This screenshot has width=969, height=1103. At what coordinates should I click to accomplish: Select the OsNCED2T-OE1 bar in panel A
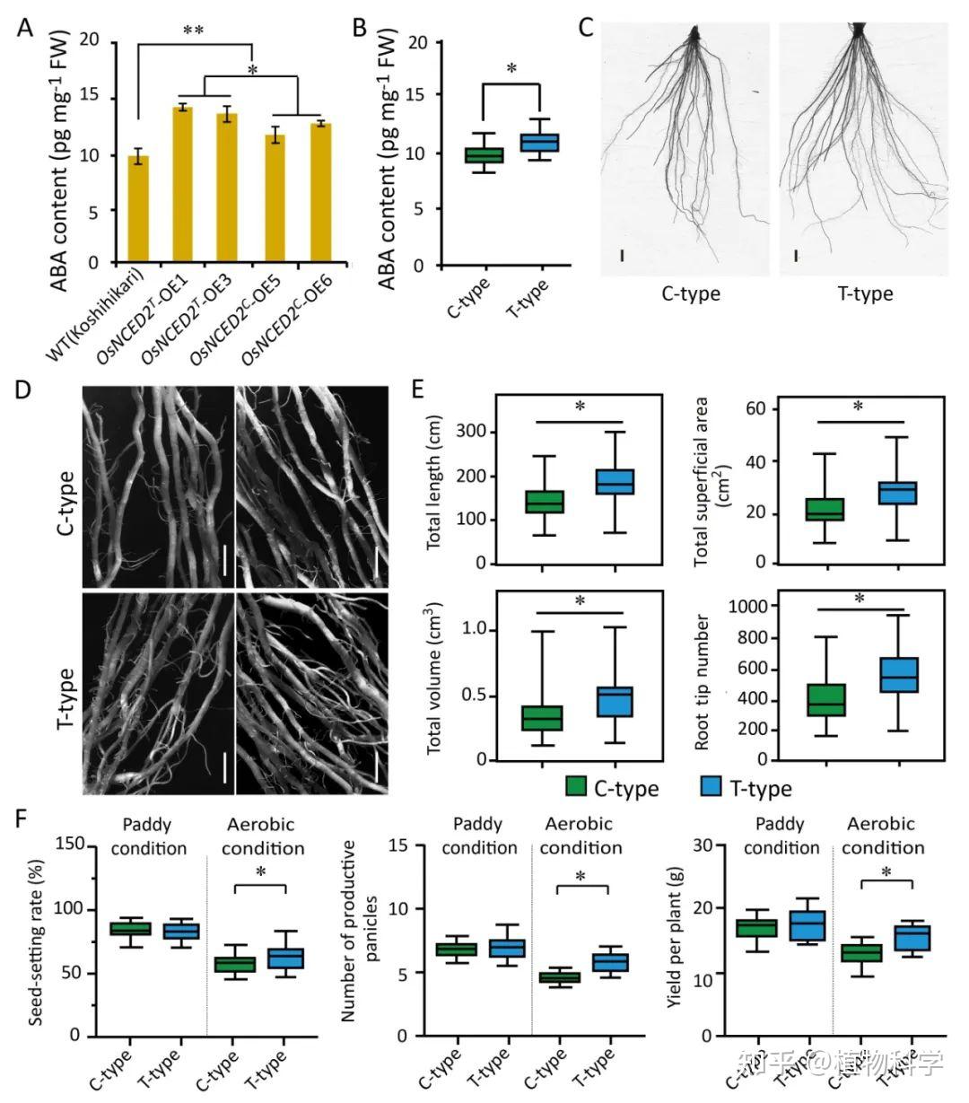click(183, 185)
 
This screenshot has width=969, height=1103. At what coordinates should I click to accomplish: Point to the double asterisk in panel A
click(193, 31)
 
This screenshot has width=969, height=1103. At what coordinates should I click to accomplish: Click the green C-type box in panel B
click(484, 155)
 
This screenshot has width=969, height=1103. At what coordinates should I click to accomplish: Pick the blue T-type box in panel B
click(540, 143)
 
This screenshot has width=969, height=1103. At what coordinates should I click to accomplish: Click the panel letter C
click(585, 27)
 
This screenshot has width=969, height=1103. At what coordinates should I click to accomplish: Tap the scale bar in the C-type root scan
click(622, 257)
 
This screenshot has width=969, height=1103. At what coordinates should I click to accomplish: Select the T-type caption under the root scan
click(866, 294)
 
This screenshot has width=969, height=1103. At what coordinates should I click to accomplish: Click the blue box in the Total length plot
click(616, 482)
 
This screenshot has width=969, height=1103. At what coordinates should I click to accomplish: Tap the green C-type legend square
click(576, 787)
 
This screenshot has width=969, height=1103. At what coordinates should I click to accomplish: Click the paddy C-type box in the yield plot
click(756, 928)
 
